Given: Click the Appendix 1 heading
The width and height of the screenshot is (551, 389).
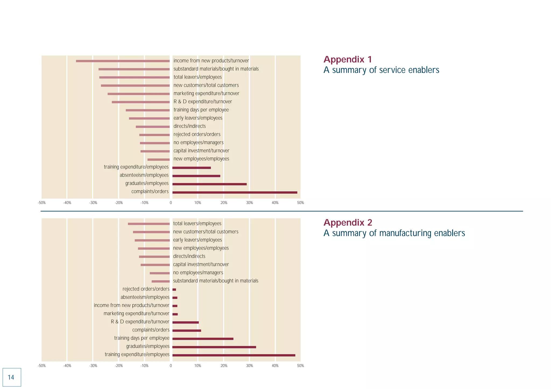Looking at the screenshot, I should [x=347, y=59].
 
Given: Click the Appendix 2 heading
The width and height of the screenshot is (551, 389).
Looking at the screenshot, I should [x=348, y=223].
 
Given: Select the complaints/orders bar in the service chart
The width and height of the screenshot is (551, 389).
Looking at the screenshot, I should [x=235, y=192].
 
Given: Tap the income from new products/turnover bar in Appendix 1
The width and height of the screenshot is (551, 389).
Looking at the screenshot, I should [x=123, y=61].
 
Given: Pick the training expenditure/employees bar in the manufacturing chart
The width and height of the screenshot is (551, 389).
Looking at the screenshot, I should [x=234, y=355].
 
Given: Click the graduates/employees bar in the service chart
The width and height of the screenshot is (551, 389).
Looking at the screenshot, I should [x=209, y=184].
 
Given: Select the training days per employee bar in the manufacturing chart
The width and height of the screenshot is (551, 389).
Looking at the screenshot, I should [x=203, y=339].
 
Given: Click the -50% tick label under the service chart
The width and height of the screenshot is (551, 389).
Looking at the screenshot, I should [x=42, y=203].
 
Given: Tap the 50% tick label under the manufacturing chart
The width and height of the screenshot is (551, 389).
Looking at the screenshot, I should [x=301, y=366].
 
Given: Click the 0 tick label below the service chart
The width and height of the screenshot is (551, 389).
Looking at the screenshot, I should [x=171, y=203].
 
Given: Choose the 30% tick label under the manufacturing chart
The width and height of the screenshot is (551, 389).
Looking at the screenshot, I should [x=249, y=366].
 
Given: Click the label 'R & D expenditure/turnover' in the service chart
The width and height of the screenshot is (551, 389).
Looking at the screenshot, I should [x=203, y=102].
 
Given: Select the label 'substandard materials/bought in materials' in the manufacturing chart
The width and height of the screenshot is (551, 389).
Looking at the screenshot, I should [x=216, y=281].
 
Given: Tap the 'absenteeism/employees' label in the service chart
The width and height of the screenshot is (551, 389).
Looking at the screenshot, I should [x=144, y=175].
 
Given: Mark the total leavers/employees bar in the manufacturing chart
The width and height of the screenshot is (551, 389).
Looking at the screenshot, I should [x=149, y=224].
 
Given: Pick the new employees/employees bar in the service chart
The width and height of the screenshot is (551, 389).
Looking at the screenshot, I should [x=158, y=160].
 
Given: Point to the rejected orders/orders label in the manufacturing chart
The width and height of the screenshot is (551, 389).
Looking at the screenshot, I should [x=146, y=289].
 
